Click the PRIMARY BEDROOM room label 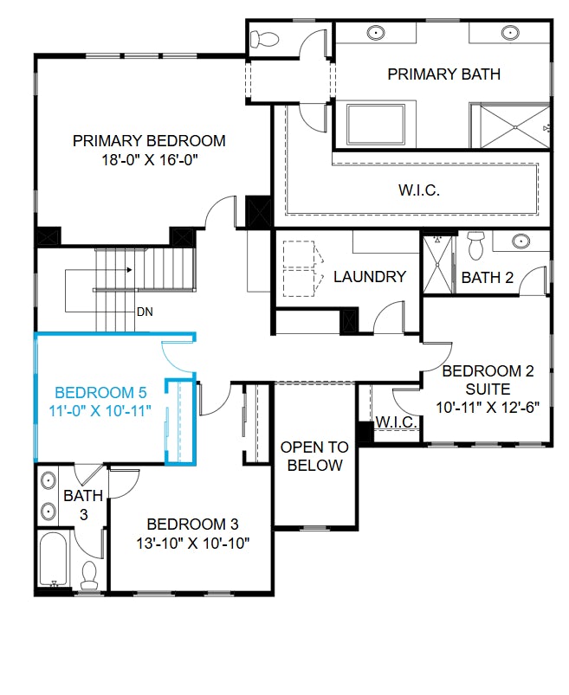tap(149, 140)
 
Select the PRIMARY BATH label tap(443, 74)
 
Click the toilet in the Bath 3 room tap(88, 575)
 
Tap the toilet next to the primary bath tap(264, 39)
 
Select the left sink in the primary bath tap(377, 33)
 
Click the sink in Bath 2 tap(520, 241)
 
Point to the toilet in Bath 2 tap(475, 246)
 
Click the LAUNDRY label tap(370, 277)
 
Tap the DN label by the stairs tap(144, 311)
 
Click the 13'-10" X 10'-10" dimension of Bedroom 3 tap(192, 543)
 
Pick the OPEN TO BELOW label tap(314, 456)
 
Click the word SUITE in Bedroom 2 tap(488, 389)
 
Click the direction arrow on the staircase tap(128, 270)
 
